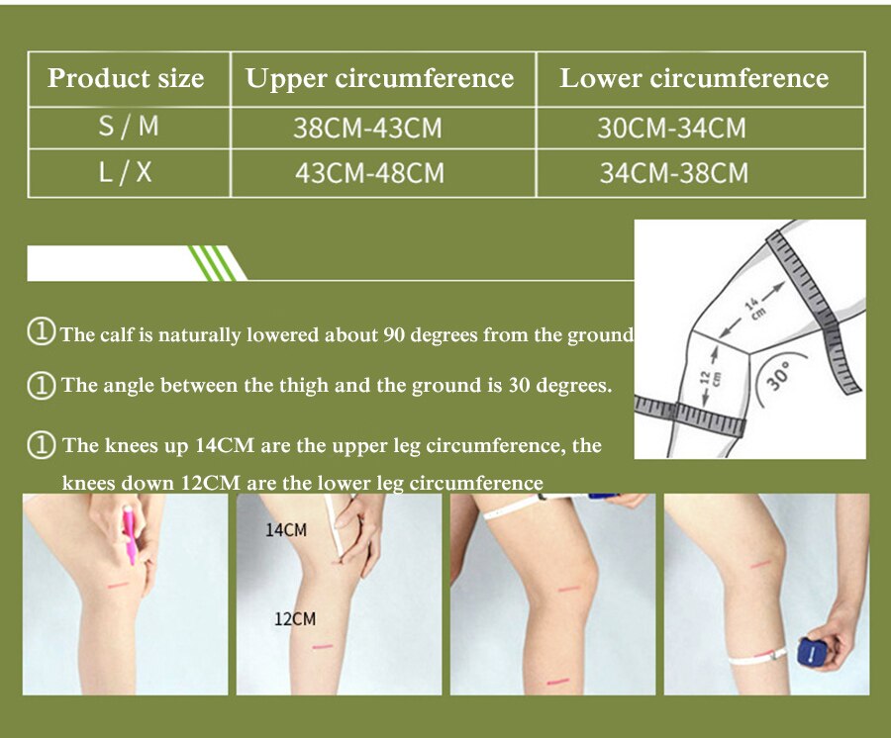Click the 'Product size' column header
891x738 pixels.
point(126,78)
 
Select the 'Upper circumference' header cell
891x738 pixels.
point(379,78)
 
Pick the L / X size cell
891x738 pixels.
point(126,171)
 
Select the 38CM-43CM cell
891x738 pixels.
point(367,128)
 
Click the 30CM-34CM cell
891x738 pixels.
point(671,128)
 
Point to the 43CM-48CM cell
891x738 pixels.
point(369,173)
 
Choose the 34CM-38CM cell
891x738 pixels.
point(674,173)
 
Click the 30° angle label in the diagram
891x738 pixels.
point(778,375)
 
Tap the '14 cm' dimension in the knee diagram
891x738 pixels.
point(753,307)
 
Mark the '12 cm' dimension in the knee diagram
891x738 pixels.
point(710,378)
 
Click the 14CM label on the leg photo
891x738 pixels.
point(286,530)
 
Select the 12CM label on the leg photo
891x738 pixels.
point(295,618)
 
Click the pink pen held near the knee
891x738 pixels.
point(129,534)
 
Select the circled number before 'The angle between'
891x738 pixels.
point(41,386)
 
